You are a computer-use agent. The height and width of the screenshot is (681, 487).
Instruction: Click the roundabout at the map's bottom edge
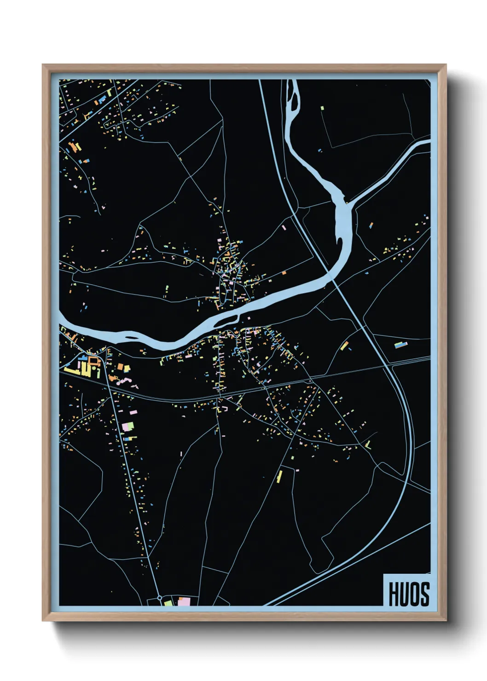160,598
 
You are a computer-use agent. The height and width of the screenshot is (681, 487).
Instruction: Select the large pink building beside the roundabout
184,601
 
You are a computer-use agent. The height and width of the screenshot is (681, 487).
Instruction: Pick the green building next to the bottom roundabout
168,602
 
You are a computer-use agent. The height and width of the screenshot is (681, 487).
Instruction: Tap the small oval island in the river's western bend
131,338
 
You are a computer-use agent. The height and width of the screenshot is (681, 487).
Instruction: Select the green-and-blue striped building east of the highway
400,344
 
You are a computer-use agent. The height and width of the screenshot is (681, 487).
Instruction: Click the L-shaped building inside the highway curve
368,444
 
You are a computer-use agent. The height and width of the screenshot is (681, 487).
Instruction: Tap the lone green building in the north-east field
322,108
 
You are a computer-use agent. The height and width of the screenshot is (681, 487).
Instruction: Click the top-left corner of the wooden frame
43,65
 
